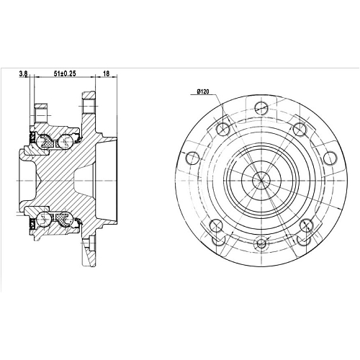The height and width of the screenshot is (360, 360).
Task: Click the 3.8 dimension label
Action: [x=23, y=74]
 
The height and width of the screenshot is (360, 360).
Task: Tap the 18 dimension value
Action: [x=106, y=73]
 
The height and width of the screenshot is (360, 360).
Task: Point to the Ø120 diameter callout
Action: [x=203, y=91]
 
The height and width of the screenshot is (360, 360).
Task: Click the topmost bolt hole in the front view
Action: [x=261, y=107]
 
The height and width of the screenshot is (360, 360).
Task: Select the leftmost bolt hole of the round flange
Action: [x=192, y=158]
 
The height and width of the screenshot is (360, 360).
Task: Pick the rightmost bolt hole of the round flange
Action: [x=330, y=158]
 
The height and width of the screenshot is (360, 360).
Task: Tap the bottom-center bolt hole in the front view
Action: [x=261, y=243]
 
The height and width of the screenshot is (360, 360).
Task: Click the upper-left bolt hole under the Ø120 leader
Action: [x=223, y=128]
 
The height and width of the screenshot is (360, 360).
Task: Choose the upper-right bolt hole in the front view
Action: [x=300, y=129]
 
